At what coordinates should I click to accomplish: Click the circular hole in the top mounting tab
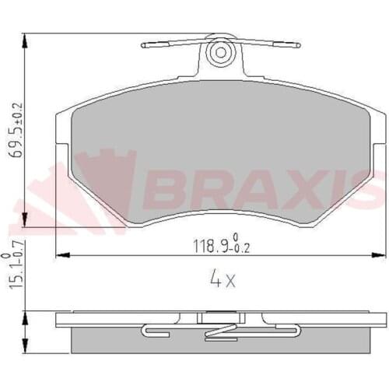coord(221,52)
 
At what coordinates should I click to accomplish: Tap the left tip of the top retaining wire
coord(144,45)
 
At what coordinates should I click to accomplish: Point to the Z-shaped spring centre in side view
coord(213,333)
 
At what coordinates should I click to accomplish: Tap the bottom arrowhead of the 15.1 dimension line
coord(25,349)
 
